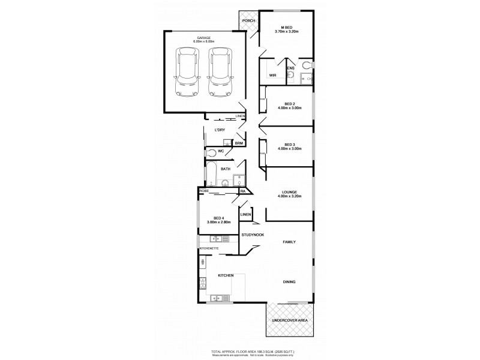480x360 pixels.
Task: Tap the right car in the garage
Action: pos(220,72)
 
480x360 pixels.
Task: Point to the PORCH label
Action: pos(248,21)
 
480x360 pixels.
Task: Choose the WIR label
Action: pos(272,75)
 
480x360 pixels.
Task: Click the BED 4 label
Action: pos(218,218)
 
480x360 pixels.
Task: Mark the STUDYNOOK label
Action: pos(253,235)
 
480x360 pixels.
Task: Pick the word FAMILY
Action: pos(292,241)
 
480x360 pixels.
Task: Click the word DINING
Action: pos(291,281)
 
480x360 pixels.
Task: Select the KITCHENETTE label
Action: pos(209,248)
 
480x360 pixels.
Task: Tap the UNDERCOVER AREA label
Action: pos(290,321)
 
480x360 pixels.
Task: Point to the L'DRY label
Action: pos(219,130)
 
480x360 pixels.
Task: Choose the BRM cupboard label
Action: pos(239,143)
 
